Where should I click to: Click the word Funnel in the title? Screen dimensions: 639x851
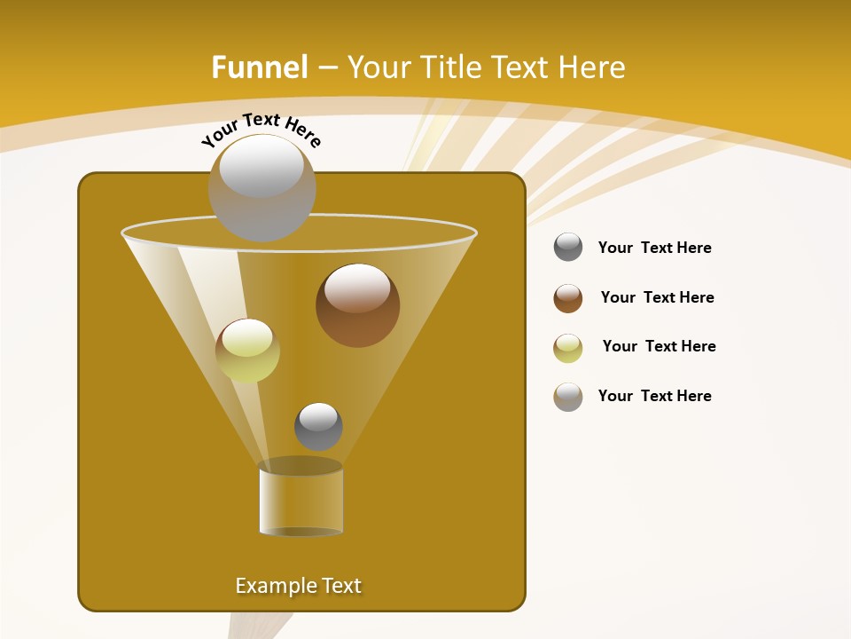pos(260,67)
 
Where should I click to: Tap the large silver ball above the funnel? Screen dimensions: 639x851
pos(262,187)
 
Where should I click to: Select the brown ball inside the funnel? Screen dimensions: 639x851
pos(357,305)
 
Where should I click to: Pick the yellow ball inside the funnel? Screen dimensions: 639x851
pos(247,351)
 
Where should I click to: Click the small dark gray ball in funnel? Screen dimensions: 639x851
pos(318,426)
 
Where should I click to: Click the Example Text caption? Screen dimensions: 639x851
pos(298,586)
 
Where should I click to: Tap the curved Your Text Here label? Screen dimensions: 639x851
pos(262,130)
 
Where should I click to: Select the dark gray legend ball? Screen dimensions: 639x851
pos(568,248)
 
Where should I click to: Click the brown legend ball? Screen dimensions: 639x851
pos(568,298)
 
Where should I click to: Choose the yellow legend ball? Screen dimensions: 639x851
pos(568,348)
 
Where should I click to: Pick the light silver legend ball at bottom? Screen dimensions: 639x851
pos(568,397)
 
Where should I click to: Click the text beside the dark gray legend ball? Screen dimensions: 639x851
pos(654,248)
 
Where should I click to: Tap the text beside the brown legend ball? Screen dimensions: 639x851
pos(657,297)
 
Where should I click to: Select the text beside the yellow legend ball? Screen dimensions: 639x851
pos(659,346)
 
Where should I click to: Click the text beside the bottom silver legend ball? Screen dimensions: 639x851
pos(654,396)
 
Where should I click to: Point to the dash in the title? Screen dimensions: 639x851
pos(326,68)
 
